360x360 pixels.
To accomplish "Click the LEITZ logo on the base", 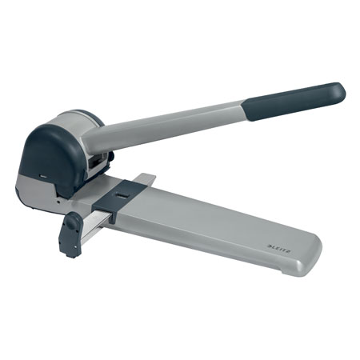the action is (x=279, y=249).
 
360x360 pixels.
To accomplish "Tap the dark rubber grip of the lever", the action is (x=294, y=102).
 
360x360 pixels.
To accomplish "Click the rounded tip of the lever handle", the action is (x=340, y=91).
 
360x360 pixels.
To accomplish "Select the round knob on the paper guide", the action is (x=71, y=222).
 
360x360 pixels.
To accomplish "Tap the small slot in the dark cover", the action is (x=43, y=176).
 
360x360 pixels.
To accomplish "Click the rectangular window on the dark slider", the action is (x=122, y=197).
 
